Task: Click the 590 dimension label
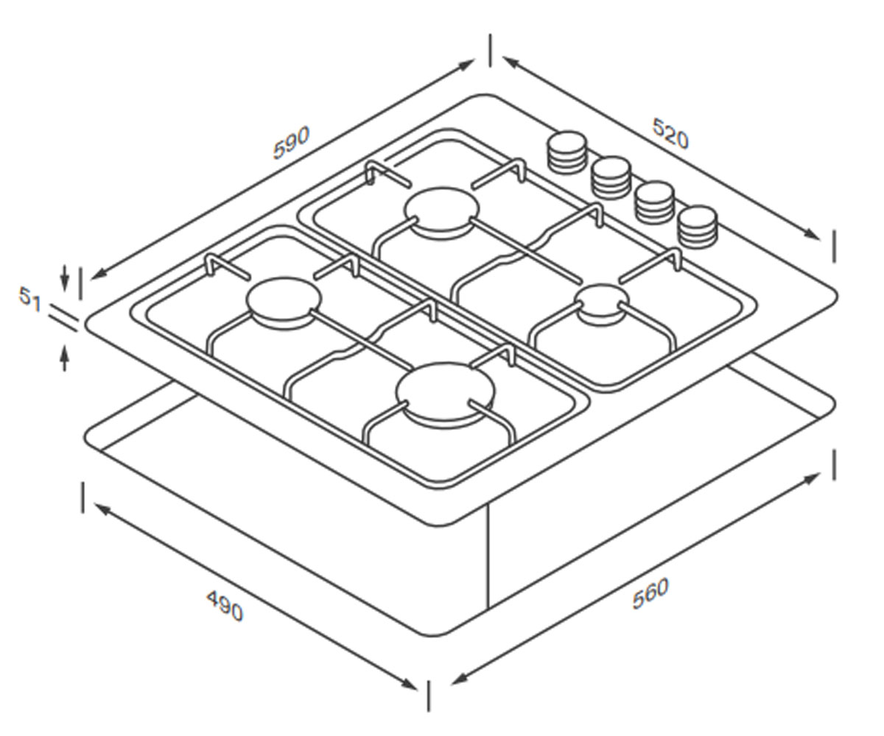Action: coord(291,143)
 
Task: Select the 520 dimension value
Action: coord(670,134)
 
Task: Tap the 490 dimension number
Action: coord(225,606)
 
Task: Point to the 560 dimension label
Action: coord(650,593)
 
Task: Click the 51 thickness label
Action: coord(30,298)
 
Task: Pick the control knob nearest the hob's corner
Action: coord(698,227)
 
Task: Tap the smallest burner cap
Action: coord(602,304)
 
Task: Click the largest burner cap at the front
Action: coord(446,392)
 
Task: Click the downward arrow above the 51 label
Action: coord(64,278)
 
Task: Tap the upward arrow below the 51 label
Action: coord(64,358)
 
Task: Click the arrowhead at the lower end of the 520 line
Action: coord(811,234)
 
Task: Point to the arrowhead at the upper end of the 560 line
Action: coord(811,478)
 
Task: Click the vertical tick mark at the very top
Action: coord(491,50)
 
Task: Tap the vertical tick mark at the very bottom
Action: coord(429,696)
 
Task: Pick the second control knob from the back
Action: coord(611,178)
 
